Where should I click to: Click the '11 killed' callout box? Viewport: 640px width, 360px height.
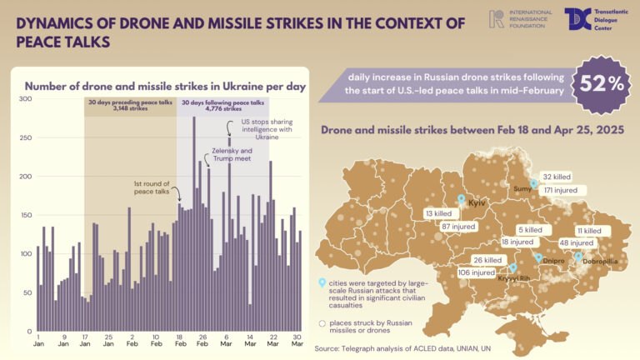(587, 230)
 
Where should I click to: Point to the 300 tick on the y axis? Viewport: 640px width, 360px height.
(26, 99)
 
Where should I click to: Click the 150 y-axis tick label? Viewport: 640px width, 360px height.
(26, 215)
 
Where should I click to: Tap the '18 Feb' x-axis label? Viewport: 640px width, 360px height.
(180, 342)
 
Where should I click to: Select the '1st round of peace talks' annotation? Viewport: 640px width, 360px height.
(152, 187)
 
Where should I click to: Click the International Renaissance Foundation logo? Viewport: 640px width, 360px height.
(518, 18)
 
